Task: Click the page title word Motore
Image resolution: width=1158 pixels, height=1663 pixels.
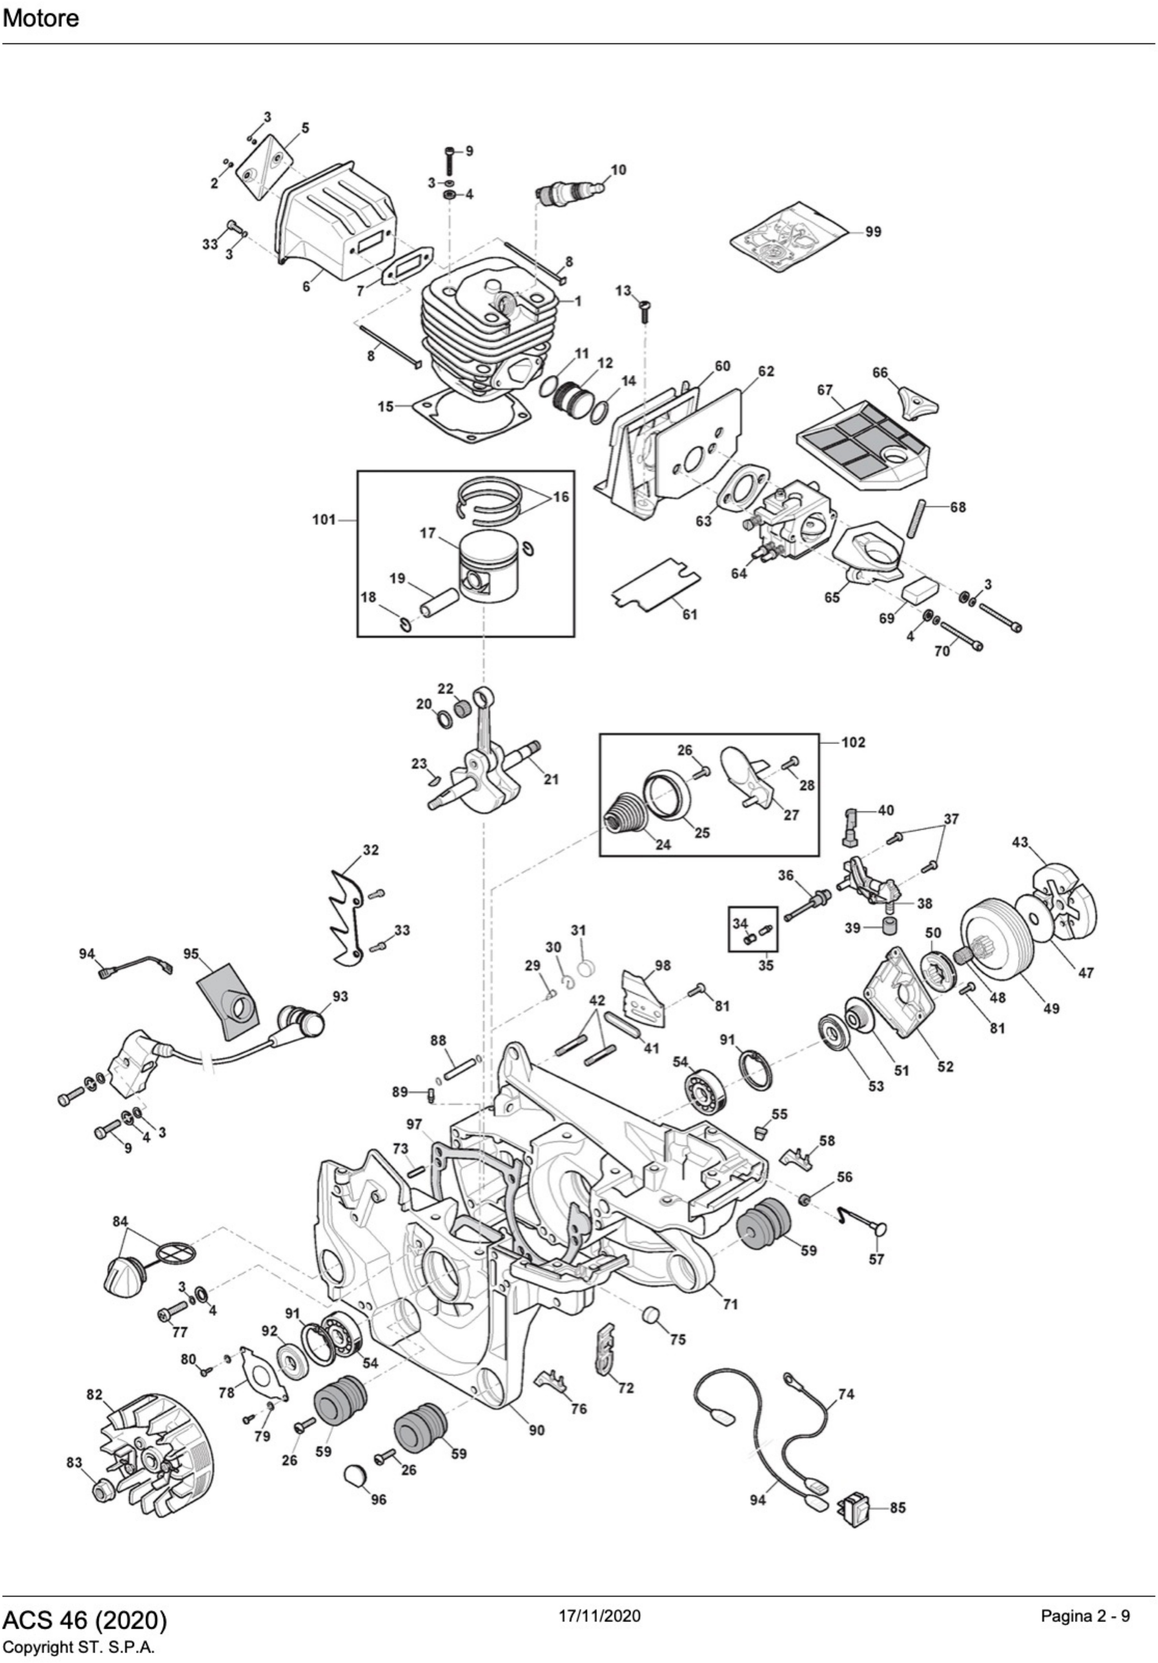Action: (40, 18)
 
